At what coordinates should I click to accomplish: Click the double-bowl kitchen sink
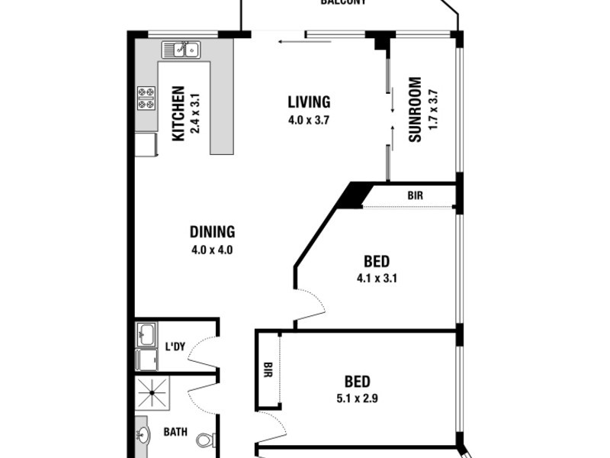180,50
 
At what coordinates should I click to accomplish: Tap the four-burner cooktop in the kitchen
146,98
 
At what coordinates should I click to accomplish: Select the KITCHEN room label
178,114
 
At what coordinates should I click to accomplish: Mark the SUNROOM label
415,109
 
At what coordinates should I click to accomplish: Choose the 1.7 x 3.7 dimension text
434,109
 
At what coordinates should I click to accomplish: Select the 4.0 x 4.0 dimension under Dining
212,249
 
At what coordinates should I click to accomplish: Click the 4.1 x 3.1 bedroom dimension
377,278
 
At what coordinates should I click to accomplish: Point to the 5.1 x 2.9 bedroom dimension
357,398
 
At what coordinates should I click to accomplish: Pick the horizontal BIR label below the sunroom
415,196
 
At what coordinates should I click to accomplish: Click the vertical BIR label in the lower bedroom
268,370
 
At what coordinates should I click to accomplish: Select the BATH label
175,432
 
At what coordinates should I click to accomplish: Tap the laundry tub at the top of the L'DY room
146,334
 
